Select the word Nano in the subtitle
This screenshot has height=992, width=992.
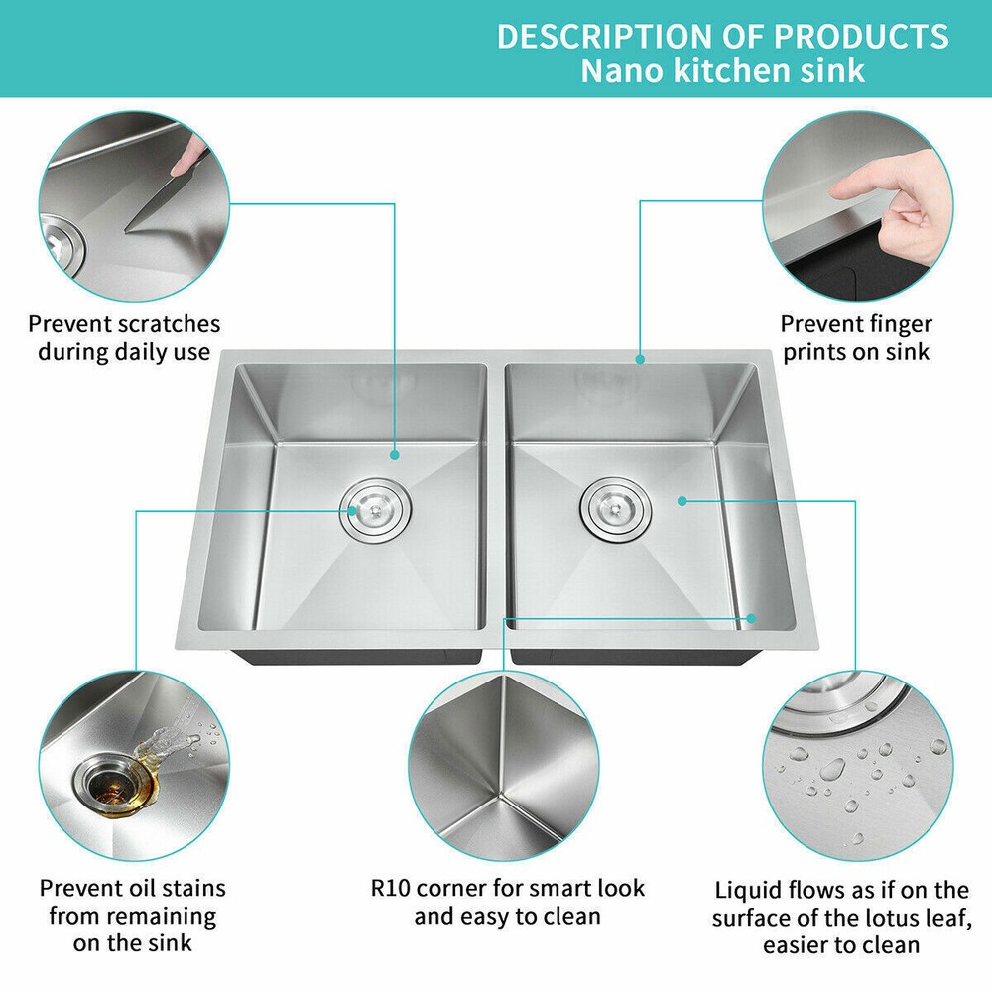623,70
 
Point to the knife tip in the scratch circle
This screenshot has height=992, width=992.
127,230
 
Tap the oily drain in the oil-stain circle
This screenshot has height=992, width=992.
114,785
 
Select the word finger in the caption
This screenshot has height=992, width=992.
894,324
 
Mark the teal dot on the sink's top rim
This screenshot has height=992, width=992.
640,359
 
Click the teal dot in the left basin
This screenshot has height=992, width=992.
395,455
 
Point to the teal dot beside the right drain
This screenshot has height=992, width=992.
682,500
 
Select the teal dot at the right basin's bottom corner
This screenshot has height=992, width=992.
751,618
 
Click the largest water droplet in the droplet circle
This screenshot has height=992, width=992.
832,769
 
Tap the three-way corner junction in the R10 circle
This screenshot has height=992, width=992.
501,792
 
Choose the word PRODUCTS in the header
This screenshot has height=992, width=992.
861,36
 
